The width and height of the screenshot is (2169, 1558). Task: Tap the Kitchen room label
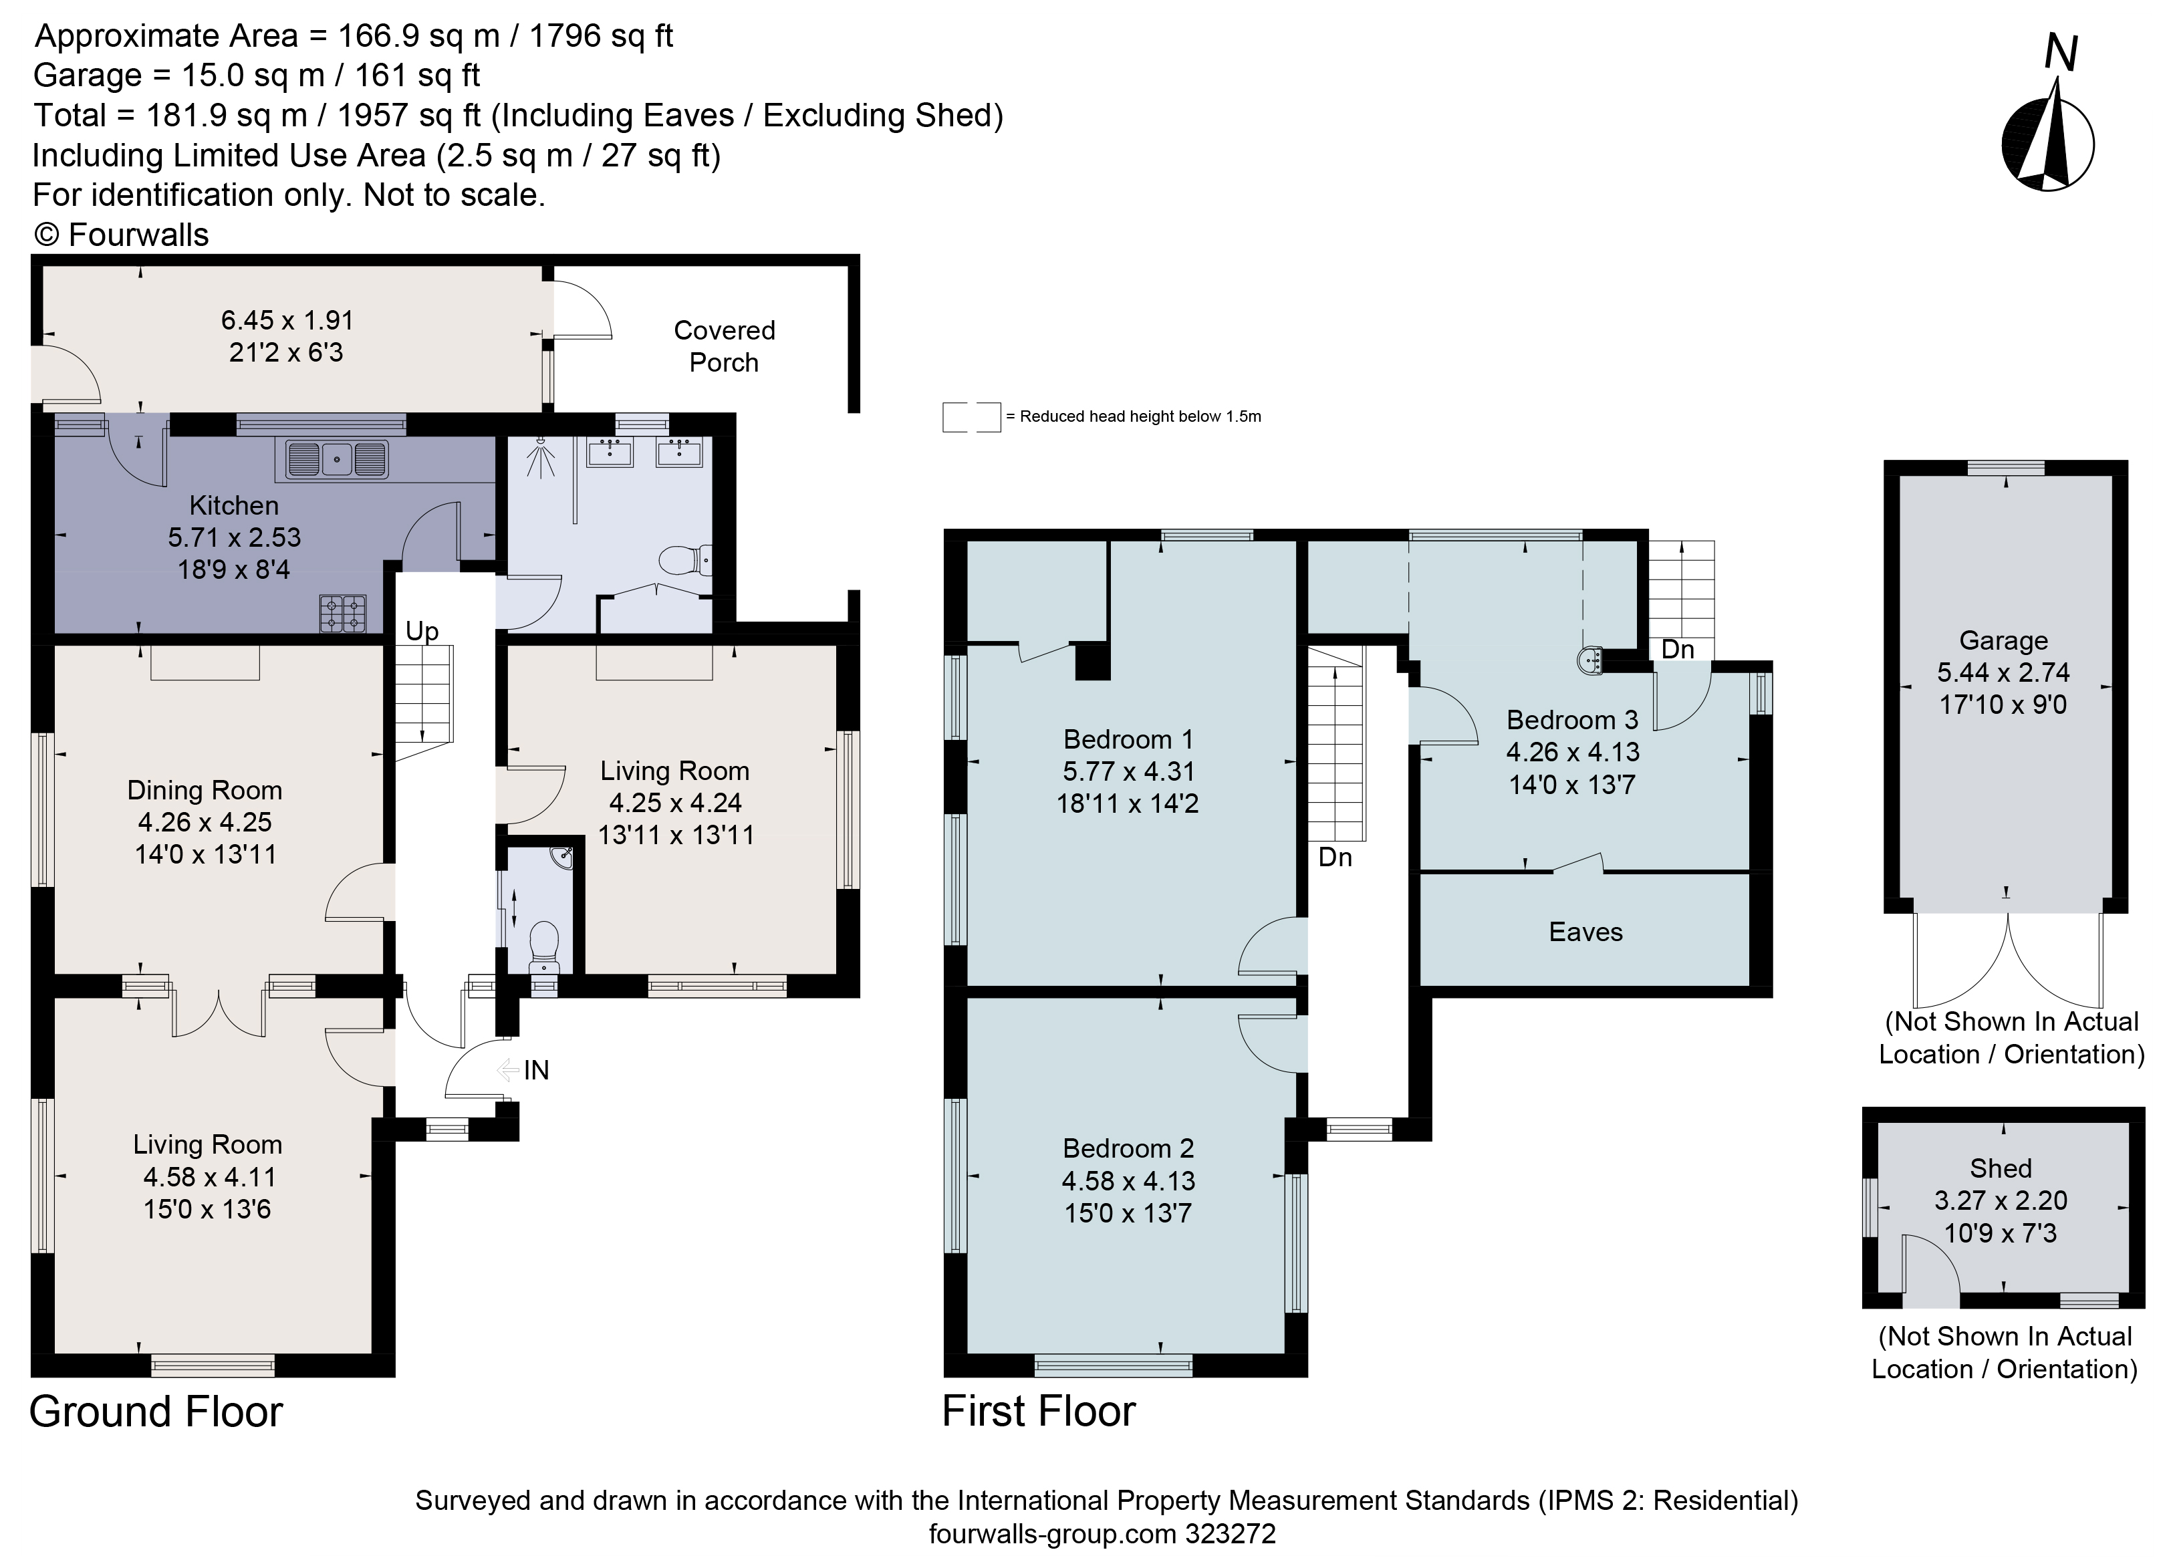(235, 505)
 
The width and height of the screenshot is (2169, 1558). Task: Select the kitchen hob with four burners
(342, 613)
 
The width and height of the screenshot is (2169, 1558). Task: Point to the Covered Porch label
(724, 346)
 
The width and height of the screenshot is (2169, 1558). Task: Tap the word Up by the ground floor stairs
(422, 631)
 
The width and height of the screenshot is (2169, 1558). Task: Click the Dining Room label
(205, 790)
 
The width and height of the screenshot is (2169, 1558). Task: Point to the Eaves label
(1585, 932)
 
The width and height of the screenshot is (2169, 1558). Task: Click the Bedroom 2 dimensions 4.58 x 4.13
(1128, 1180)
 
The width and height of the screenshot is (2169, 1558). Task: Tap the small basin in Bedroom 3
(1589, 660)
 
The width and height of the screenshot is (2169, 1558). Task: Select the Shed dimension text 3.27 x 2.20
(2001, 1200)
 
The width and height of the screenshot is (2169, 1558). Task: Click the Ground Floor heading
(156, 1412)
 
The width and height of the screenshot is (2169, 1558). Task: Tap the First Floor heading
(1039, 1411)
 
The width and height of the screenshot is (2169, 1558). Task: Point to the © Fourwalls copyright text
(122, 235)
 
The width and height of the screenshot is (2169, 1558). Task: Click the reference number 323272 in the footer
(1230, 1534)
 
